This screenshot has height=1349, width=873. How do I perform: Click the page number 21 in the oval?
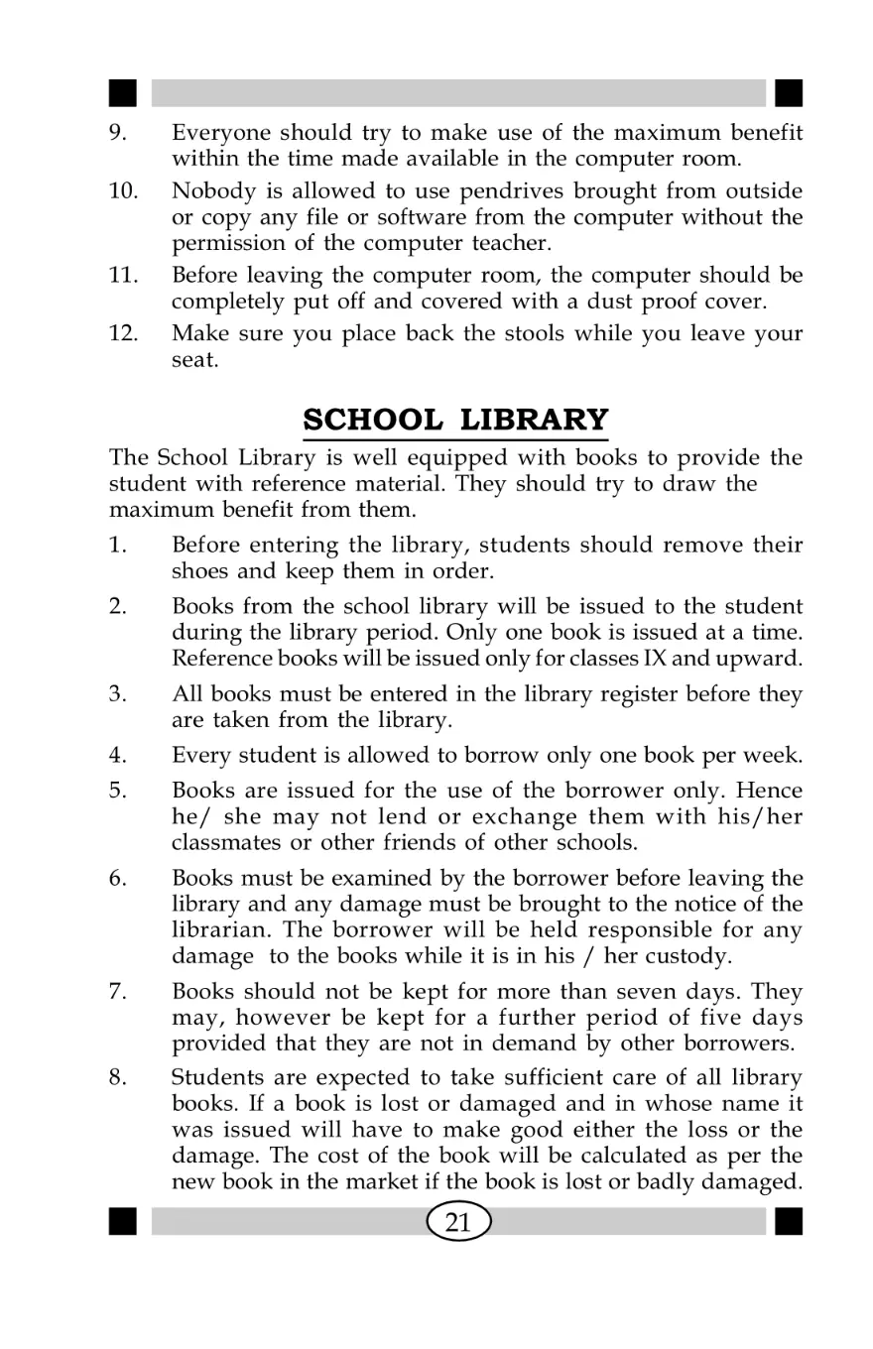pos(457,1222)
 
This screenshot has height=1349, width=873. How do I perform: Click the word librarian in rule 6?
pos(217,928)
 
